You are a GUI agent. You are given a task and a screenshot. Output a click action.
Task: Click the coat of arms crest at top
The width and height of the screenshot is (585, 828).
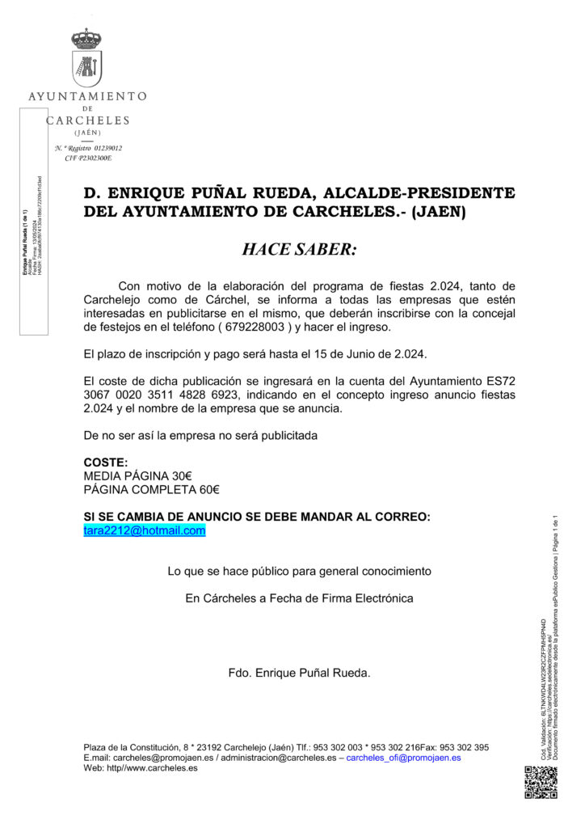86,57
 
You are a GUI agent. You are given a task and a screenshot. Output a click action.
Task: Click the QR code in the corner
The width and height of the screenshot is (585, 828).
541,783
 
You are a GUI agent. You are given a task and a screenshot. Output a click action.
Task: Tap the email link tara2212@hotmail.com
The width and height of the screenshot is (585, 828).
145,530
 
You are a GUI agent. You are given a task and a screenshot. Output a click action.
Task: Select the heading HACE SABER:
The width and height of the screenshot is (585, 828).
299,249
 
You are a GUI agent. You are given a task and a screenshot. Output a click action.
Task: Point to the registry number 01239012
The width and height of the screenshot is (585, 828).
108,149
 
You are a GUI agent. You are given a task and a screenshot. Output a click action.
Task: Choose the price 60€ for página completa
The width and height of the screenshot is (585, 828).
210,489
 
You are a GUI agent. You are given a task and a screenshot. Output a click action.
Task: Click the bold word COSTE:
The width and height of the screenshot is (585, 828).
106,462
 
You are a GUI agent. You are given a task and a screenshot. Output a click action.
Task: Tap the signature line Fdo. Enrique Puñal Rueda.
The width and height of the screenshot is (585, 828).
299,673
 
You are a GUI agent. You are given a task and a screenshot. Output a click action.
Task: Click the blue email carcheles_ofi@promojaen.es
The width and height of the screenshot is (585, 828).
404,758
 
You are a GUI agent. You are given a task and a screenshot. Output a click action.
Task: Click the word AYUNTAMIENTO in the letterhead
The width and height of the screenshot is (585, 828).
87,95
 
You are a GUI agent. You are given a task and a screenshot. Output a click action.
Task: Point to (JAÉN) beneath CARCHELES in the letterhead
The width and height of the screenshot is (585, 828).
87,132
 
